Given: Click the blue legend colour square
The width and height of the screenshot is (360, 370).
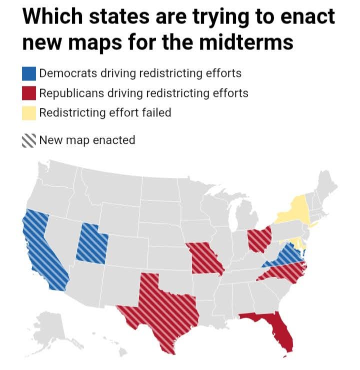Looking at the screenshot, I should point(29,73).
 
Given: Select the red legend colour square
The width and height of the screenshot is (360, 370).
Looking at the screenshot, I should point(29,93).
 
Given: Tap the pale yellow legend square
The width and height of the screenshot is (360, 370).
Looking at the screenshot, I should point(29,113).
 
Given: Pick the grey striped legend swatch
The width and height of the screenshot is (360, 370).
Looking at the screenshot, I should point(29,140).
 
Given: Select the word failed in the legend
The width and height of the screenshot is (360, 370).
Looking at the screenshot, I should point(156,113).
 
